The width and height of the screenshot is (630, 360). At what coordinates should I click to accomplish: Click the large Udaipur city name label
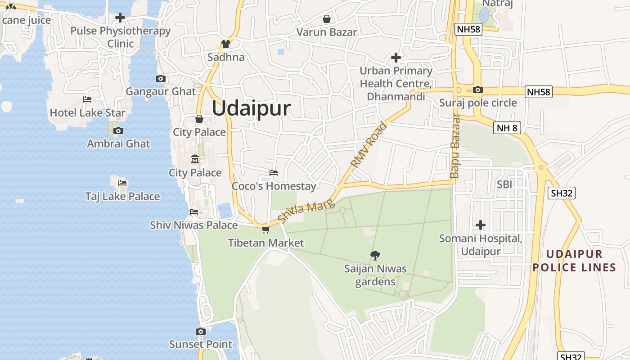pos(251,109)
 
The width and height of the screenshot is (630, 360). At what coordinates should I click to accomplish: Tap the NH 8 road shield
pos(507,128)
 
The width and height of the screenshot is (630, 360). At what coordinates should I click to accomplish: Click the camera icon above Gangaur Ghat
pos(160,79)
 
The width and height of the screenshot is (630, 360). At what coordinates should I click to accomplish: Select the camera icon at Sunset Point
pos(201,332)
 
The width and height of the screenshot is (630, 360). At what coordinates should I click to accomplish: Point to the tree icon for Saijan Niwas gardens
pos(375,256)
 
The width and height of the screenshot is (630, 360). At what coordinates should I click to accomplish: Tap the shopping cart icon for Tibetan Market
pos(265,230)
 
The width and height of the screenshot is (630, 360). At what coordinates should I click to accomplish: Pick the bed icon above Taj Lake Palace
pos(122,183)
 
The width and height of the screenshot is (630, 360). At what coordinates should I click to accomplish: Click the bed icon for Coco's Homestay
pos(273,173)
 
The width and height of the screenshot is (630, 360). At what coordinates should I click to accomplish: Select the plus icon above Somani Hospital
pos(481,225)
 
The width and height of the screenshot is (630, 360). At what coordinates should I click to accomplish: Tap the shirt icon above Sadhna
pos(226,44)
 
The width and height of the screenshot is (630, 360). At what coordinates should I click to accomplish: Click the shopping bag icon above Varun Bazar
pos(327,19)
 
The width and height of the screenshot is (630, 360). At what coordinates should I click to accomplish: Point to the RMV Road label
pos(369,145)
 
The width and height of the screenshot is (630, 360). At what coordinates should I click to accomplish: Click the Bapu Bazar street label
pos(455,146)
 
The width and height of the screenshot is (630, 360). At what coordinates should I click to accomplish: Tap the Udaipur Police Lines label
pos(574,261)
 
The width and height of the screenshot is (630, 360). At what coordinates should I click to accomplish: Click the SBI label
pos(505,184)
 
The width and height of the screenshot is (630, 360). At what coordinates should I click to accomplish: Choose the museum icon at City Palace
pos(195,159)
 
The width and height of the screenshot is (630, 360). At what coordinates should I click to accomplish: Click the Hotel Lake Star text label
pos(88,112)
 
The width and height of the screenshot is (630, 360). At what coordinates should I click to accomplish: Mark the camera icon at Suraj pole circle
pos(478,90)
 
